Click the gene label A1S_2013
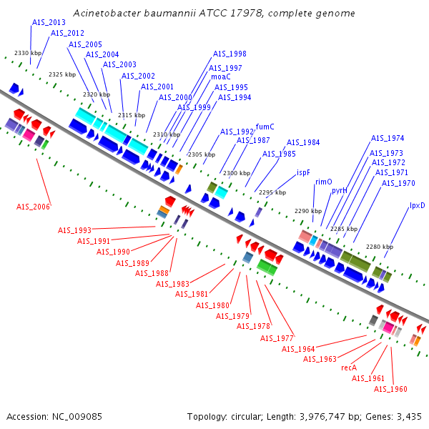click(49, 23)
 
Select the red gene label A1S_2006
click(34, 207)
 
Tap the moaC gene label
click(220, 77)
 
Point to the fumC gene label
click(265, 127)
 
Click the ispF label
click(303, 172)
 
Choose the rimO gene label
click(323, 182)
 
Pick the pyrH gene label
click(339, 191)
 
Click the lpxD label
click(417, 206)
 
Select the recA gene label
click(349, 368)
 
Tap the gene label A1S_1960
click(390, 389)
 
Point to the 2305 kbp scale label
click(201, 154)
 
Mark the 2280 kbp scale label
click(379, 247)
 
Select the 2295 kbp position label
click(272, 192)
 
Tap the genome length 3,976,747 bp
click(327, 416)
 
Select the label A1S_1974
click(387, 139)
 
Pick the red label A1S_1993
click(74, 230)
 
